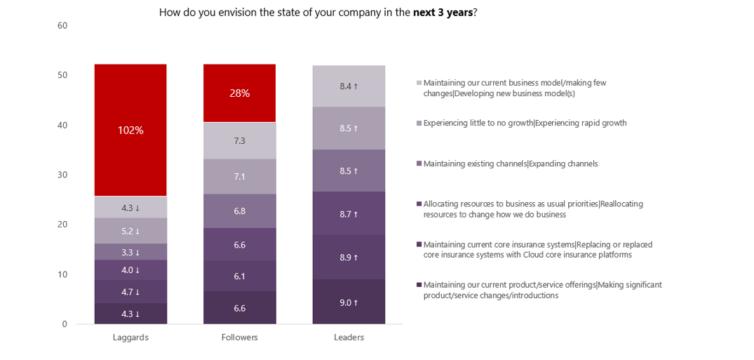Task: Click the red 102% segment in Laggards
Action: [130, 130]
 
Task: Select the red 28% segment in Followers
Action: [239, 93]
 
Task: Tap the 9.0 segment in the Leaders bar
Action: [349, 302]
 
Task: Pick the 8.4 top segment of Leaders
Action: [349, 86]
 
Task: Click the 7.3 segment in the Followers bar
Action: [239, 141]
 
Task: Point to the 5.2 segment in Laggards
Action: [130, 231]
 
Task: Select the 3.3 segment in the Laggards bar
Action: [130, 252]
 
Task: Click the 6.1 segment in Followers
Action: [239, 276]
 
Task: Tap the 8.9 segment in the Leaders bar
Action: [349, 258]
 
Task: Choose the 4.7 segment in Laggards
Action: [130, 292]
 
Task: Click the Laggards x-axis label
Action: [130, 338]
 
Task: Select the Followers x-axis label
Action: [239, 338]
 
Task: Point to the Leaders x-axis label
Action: [349, 338]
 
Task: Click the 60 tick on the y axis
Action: [62, 26]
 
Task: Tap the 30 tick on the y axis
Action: [62, 175]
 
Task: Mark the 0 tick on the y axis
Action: [65, 324]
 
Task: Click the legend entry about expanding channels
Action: [511, 164]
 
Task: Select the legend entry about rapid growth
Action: [525, 123]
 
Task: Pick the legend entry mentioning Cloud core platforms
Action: [538, 250]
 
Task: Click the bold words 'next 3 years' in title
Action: [443, 12]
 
